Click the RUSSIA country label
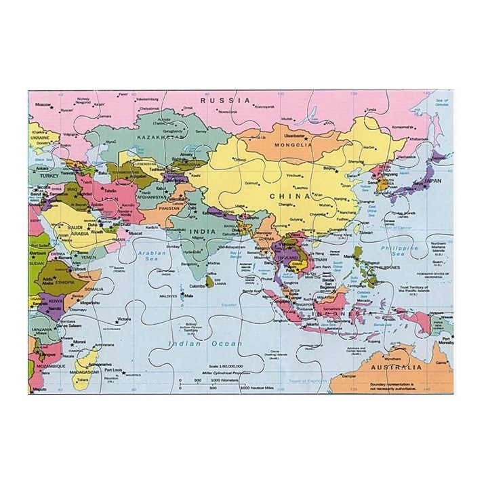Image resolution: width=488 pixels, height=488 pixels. click(x=225, y=100)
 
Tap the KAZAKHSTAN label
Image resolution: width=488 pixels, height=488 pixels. click(x=161, y=136)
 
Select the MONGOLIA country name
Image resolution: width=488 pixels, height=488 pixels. click(x=293, y=144)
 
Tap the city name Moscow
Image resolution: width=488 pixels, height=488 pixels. click(x=43, y=104)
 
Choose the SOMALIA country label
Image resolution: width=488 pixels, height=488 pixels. click(x=93, y=289)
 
